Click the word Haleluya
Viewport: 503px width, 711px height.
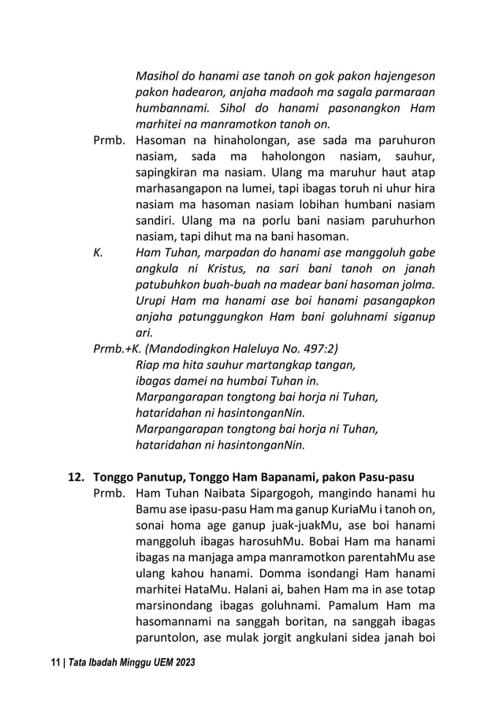[253, 348]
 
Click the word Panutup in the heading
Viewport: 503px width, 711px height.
[164, 478]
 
